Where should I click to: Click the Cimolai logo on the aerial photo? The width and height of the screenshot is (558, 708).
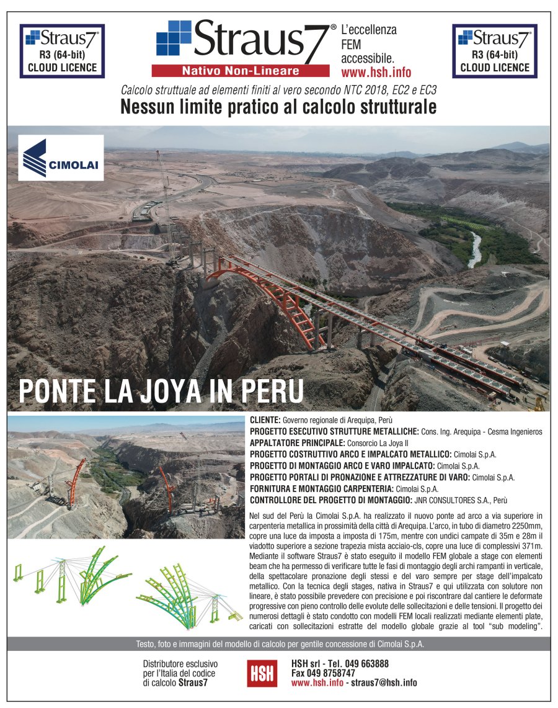click(x=61, y=158)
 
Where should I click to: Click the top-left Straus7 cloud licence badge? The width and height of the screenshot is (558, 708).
click(x=62, y=51)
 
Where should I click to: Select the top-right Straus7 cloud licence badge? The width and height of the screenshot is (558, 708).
click(x=495, y=51)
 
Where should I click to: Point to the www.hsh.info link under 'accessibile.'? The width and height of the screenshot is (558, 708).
click(x=376, y=72)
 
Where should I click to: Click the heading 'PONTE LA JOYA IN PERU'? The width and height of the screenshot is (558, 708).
click(x=161, y=391)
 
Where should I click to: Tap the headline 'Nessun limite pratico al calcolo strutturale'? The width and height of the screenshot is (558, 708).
click(x=278, y=107)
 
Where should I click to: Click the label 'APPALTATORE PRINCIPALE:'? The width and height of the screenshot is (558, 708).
click(x=297, y=442)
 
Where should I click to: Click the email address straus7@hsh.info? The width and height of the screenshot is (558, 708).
click(x=384, y=683)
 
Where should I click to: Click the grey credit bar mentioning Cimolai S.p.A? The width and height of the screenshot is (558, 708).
click(x=279, y=644)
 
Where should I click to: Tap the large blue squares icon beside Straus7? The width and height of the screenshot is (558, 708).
click(x=174, y=38)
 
